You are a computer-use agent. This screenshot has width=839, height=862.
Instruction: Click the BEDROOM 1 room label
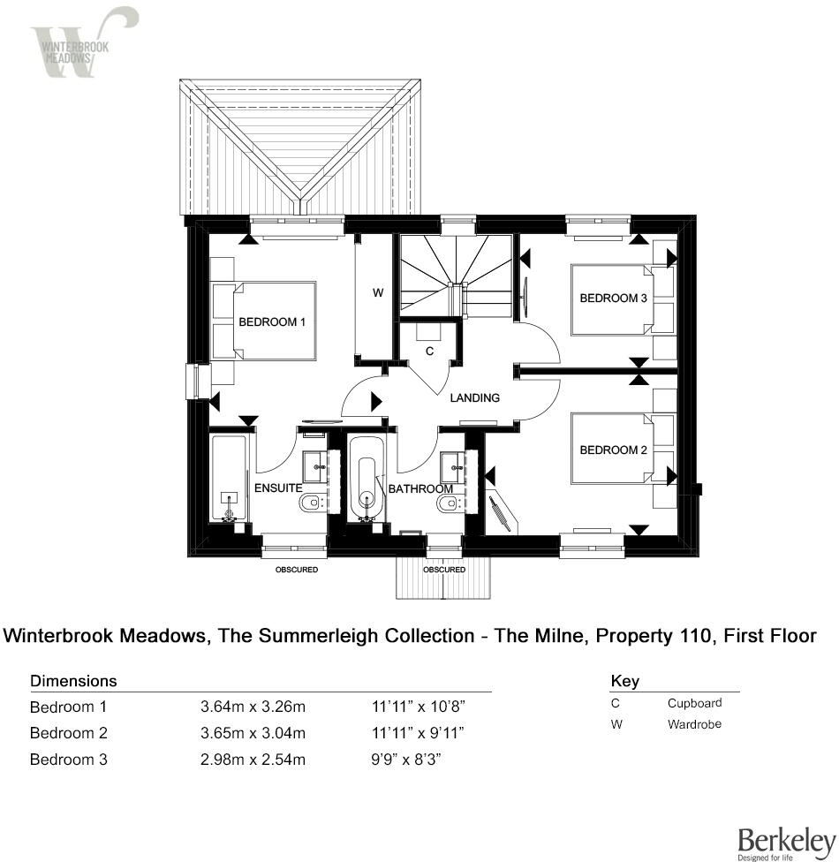tap(272, 322)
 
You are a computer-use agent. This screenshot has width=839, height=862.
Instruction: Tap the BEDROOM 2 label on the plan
tap(613, 450)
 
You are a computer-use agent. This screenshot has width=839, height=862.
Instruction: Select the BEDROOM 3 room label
tap(613, 299)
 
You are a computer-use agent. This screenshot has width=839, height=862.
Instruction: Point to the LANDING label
tap(475, 398)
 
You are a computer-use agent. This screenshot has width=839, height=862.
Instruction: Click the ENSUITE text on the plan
tap(278, 488)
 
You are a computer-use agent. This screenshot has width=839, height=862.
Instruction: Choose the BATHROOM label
tap(420, 488)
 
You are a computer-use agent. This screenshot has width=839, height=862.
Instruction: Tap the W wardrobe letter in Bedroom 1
tap(377, 293)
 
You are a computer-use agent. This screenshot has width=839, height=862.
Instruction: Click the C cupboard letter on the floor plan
tap(429, 352)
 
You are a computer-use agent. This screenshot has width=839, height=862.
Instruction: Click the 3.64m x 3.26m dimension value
tap(253, 707)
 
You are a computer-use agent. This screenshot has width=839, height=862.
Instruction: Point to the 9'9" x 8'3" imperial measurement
tap(407, 760)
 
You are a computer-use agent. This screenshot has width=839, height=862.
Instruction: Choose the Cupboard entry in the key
tap(694, 704)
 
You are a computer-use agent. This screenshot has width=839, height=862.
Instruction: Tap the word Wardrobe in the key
tap(694, 724)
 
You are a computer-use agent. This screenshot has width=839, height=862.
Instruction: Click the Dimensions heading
tap(73, 682)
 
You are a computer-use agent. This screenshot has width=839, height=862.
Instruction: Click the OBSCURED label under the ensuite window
tap(296, 571)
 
